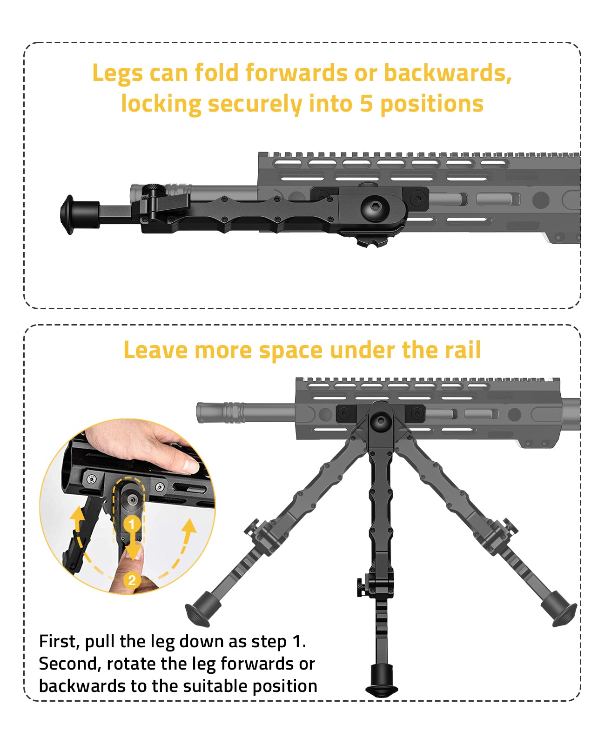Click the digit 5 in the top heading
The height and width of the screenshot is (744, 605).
pyautogui.click(x=366, y=103)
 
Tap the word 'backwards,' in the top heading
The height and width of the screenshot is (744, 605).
pyautogui.click(x=448, y=73)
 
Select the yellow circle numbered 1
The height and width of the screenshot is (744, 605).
pyautogui.click(x=132, y=525)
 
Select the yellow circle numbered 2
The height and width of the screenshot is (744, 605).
pyautogui.click(x=132, y=580)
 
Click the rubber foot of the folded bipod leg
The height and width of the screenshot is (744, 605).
pyautogui.click(x=70, y=214)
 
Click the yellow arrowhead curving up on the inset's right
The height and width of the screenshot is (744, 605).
pyautogui.click(x=189, y=525)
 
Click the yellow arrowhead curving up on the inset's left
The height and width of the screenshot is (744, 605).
pyautogui.click(x=77, y=513)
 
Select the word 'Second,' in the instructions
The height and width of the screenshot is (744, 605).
pyautogui.click(x=70, y=664)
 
